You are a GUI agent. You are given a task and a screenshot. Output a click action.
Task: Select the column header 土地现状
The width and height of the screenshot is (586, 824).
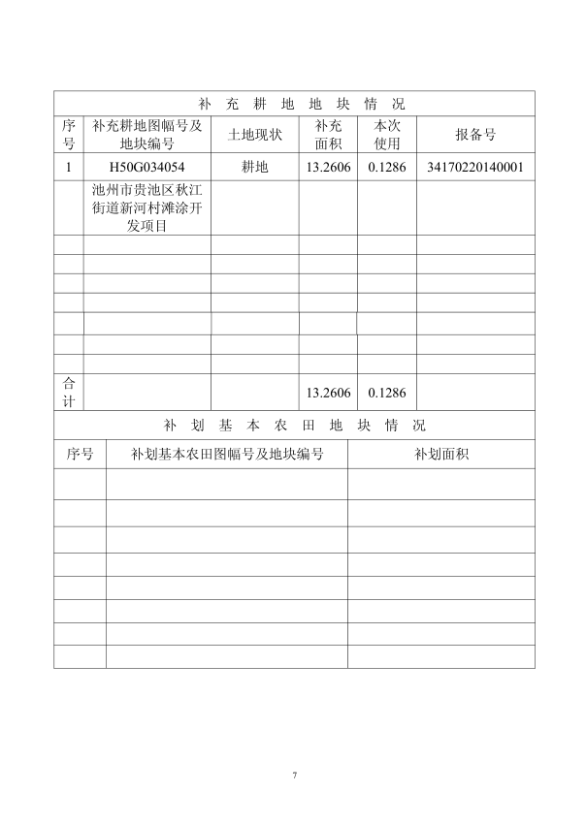click(254, 135)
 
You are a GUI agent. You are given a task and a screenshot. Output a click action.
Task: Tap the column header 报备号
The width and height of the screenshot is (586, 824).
click(475, 135)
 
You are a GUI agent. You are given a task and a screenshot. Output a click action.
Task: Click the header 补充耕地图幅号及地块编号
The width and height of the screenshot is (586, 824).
click(146, 135)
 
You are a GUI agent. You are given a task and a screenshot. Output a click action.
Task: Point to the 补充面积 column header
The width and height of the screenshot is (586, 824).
click(328, 135)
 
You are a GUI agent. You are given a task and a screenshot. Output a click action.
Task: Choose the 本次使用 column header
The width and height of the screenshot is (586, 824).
click(387, 135)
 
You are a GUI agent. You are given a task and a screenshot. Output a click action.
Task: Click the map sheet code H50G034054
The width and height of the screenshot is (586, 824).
click(146, 167)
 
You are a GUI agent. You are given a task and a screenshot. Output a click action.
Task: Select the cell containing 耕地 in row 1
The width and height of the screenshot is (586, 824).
click(254, 167)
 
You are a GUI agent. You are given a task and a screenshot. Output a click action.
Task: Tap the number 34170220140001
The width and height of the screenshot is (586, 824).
click(475, 167)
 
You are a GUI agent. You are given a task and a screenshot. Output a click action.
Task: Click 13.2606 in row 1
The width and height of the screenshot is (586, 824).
click(328, 167)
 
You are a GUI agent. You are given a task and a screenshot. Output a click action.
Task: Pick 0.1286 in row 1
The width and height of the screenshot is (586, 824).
click(387, 167)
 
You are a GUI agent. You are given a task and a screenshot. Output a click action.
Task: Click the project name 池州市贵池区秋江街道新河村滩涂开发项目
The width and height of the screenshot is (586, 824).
click(146, 207)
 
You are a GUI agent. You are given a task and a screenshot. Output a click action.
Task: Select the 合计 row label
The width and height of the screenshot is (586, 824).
click(68, 393)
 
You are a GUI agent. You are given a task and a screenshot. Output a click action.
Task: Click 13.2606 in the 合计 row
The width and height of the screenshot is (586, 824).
click(328, 393)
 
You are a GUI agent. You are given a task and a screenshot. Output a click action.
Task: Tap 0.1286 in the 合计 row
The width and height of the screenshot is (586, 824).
click(387, 393)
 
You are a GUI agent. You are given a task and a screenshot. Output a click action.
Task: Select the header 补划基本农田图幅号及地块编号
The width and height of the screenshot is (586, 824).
click(227, 454)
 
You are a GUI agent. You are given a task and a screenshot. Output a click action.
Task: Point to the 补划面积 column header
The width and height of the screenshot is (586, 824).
click(441, 454)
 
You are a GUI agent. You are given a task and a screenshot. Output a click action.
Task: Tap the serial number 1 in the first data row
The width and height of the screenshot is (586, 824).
click(68, 167)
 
